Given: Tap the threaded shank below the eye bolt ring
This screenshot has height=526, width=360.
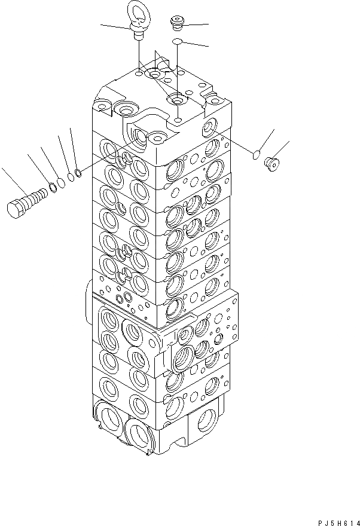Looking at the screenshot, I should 138,35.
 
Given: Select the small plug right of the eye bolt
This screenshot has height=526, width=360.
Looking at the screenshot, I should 176,23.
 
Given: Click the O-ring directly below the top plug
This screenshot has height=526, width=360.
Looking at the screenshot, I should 178,41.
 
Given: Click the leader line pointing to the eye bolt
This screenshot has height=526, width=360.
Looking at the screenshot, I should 114,25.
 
